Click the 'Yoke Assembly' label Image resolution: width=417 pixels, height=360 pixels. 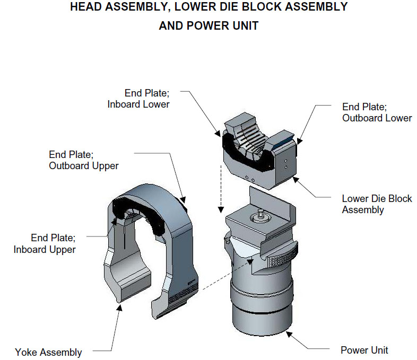48,352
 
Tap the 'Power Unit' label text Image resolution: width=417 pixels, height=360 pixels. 364,350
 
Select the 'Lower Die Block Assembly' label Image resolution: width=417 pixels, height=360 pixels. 377,204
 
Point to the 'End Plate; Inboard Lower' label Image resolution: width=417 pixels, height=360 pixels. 138,99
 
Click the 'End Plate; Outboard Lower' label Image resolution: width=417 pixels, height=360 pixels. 377,112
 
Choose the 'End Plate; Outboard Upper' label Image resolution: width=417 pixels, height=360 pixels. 83,160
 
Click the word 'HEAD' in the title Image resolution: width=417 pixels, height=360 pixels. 86,7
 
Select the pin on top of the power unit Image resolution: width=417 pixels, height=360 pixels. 261,213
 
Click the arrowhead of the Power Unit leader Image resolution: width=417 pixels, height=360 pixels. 288,333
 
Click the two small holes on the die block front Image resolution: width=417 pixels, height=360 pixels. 249,179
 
